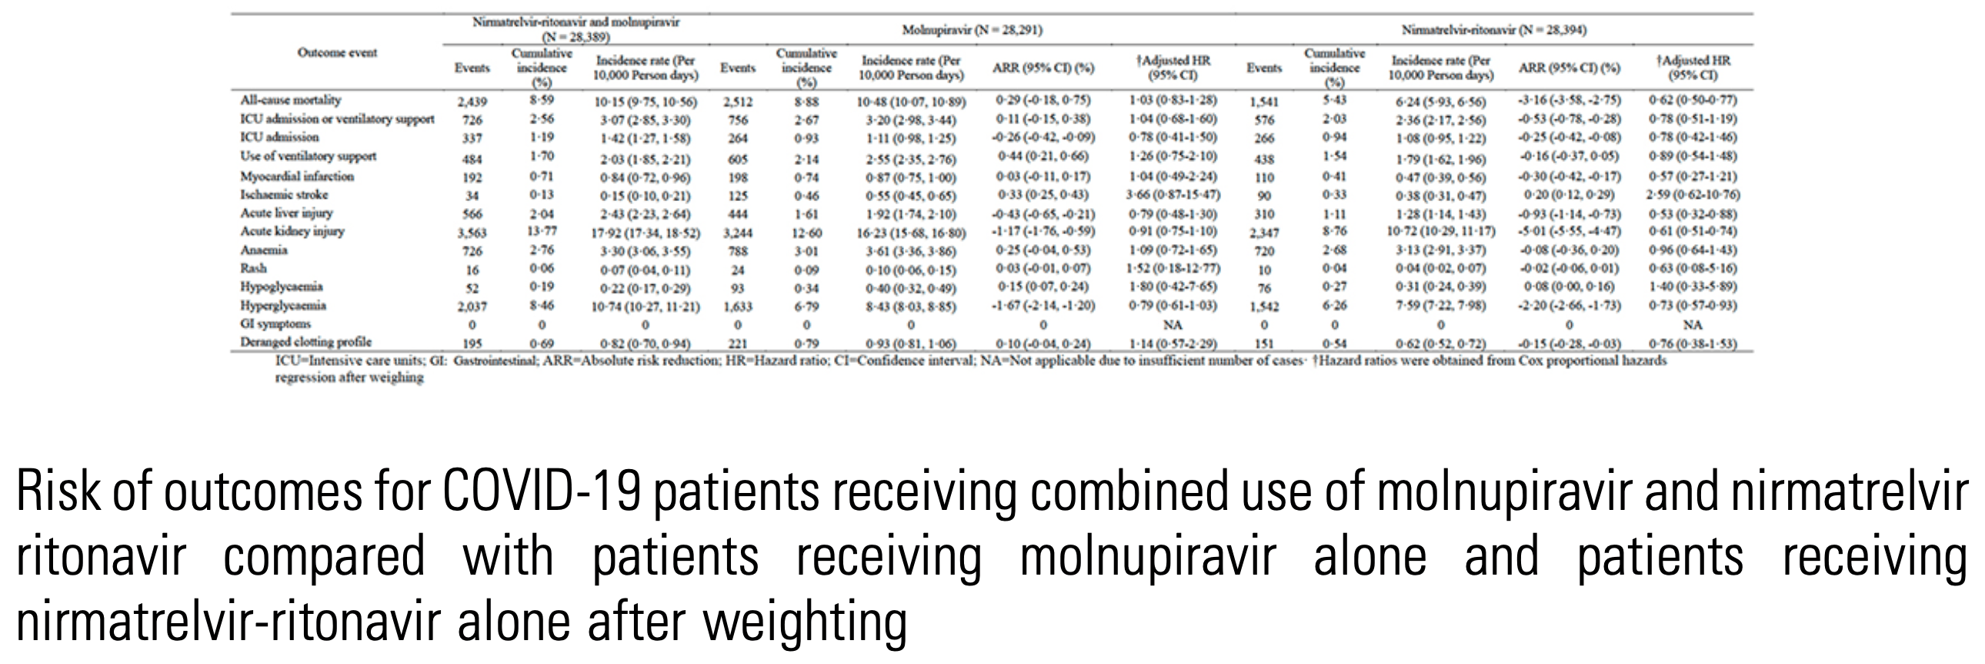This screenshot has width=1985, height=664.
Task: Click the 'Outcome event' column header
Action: pyautogui.click(x=338, y=53)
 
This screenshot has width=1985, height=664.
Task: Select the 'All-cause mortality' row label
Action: pyautogui.click(x=291, y=100)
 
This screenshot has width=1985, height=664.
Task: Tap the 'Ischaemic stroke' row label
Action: pyautogui.click(x=285, y=194)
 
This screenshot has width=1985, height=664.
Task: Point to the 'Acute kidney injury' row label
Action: pyautogui.click(x=293, y=231)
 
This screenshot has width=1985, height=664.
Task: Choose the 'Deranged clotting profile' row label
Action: pyautogui.click(x=306, y=342)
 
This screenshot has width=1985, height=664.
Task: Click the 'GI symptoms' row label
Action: pyautogui.click(x=276, y=324)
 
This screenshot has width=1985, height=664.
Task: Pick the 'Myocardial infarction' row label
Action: pyautogui.click(x=298, y=176)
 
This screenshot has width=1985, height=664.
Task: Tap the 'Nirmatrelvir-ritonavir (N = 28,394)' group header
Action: pyautogui.click(x=1493, y=31)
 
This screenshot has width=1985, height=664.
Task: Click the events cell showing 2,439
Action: pyautogui.click(x=472, y=102)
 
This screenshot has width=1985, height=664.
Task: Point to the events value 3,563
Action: pyautogui.click(x=472, y=232)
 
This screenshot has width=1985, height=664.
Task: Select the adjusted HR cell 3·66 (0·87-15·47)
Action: pyautogui.click(x=1173, y=195)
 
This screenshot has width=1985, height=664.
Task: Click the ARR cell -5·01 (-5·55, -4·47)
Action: pyautogui.click(x=1569, y=231)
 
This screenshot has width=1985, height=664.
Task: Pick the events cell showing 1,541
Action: pyautogui.click(x=1264, y=102)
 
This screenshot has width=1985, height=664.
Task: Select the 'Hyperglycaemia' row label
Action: pyautogui.click(x=285, y=305)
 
